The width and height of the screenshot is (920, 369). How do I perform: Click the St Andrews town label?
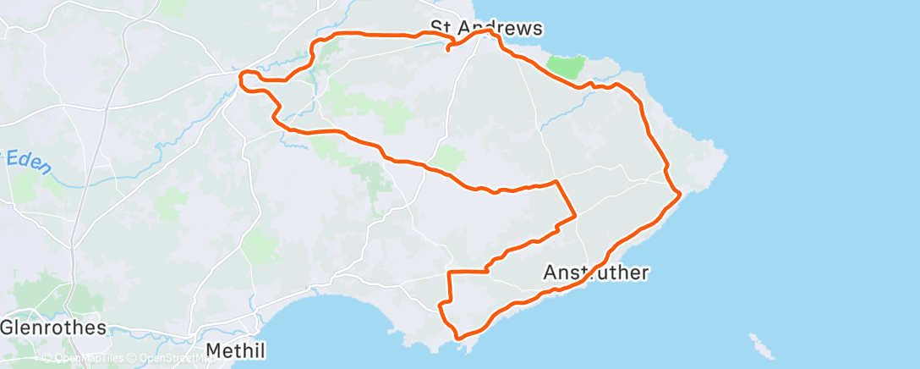pyautogui.click(x=485, y=28)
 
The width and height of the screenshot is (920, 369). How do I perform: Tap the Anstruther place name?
pyautogui.click(x=596, y=273)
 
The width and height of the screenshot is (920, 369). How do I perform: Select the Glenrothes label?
pyautogui.click(x=52, y=328)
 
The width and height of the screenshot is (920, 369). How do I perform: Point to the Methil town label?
pyautogui.click(x=236, y=350)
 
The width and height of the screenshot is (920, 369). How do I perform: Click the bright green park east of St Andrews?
pyautogui.click(x=566, y=67)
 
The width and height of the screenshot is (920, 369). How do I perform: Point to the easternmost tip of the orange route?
pyautogui.click(x=680, y=196)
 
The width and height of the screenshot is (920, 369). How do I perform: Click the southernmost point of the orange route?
pyautogui.click(x=459, y=339)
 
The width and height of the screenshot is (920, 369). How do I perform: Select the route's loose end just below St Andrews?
pyautogui.click(x=447, y=50)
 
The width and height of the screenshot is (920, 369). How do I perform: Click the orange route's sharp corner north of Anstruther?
pyautogui.click(x=556, y=181)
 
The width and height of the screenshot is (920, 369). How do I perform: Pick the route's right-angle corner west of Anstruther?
pyautogui.click(x=448, y=273)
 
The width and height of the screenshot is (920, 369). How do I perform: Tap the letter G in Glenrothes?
pyautogui.click(x=8, y=328)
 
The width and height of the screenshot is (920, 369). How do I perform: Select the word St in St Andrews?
pyautogui.click(x=441, y=28)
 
